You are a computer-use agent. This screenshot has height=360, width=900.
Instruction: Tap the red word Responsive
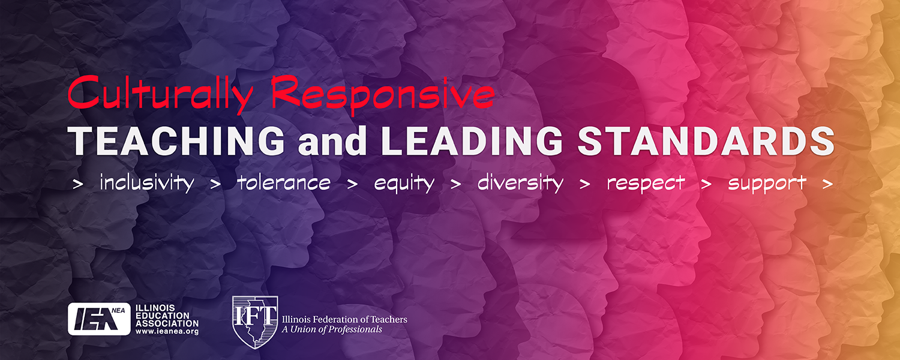(383, 95)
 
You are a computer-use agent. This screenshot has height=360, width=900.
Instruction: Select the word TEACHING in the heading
(178, 141)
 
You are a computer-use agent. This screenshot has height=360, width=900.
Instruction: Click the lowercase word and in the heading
(332, 141)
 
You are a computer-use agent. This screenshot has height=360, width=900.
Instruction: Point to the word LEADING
(472, 141)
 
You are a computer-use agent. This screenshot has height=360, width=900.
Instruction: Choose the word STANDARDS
(706, 141)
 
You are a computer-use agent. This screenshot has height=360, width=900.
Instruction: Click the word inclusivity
(147, 183)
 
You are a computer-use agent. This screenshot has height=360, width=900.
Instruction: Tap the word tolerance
(284, 183)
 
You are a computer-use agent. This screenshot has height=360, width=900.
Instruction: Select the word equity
(404, 184)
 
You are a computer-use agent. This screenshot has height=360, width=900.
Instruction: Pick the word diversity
(520, 183)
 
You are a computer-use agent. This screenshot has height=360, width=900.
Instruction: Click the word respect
(646, 184)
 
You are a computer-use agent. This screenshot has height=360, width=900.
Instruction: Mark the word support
(767, 184)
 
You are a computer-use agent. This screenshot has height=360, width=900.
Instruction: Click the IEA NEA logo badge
(99, 319)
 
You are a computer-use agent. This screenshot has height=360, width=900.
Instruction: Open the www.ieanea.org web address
(167, 332)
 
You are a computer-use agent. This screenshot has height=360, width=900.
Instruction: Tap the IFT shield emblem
(255, 322)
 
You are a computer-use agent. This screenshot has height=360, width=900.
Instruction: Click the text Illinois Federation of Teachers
(344, 320)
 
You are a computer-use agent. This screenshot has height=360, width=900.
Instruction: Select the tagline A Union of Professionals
(332, 329)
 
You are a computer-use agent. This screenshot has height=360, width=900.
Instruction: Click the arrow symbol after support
(827, 184)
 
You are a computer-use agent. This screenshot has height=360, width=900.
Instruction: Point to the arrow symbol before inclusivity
(78, 184)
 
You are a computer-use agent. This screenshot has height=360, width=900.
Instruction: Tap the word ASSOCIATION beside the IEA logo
(167, 323)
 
